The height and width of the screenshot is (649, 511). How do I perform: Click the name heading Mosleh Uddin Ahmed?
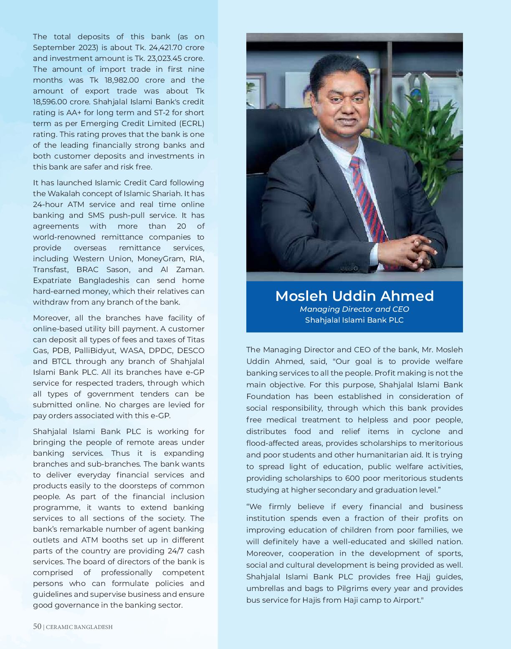coord(354,296)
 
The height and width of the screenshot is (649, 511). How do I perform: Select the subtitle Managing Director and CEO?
coord(354,309)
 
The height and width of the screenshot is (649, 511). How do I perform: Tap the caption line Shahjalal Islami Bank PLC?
coord(354,320)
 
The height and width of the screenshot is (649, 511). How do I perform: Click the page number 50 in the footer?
coord(37,626)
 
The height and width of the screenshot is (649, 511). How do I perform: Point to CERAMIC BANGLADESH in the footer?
coord(79,627)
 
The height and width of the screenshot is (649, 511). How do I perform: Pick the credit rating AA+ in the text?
coord(75,113)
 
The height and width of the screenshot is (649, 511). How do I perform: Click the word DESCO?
coord(191,351)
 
